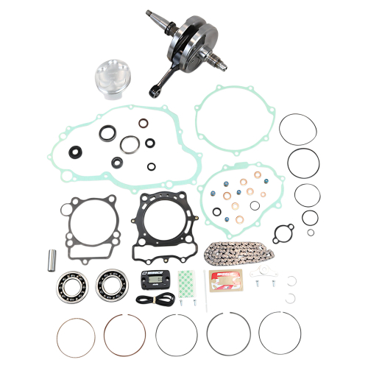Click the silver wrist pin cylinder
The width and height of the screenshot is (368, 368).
[52, 259]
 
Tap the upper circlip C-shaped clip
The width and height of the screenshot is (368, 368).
[292, 279]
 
